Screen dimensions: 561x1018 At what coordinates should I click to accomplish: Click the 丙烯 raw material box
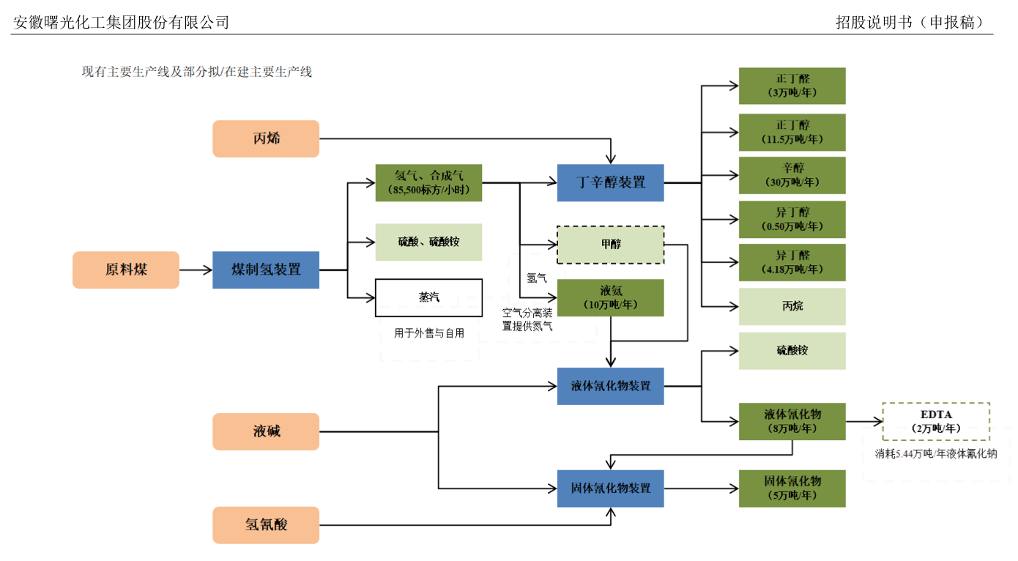click(266, 138)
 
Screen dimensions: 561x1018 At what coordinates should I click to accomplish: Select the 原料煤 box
click(126, 270)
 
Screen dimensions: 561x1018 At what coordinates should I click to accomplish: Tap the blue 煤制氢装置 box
click(266, 270)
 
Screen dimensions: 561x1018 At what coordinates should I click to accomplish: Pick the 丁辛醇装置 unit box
click(610, 182)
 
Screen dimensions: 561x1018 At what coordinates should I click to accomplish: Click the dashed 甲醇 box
click(610, 245)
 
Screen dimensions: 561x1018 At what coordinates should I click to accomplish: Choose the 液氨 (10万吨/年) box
click(610, 297)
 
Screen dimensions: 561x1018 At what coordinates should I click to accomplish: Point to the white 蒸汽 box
click(428, 297)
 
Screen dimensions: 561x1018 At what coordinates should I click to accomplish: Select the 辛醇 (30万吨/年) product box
click(792, 175)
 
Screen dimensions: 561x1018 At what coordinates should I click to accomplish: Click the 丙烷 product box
click(792, 306)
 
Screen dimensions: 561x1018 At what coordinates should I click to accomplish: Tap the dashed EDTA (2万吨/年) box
click(936, 421)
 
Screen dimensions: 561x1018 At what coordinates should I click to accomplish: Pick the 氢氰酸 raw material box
click(266, 525)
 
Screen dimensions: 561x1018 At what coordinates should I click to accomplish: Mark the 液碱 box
click(266, 431)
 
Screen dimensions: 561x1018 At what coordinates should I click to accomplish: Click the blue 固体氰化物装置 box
click(610, 488)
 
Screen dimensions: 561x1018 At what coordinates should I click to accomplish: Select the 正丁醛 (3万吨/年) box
click(792, 86)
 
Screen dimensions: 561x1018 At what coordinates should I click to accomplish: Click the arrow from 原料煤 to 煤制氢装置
click(196, 270)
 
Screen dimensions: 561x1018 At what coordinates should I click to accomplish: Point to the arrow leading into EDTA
click(864, 421)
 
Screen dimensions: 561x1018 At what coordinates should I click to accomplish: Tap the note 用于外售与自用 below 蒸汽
click(429, 333)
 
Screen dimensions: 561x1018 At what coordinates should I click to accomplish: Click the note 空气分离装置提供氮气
click(527, 319)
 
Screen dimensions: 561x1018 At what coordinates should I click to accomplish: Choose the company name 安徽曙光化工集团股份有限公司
click(122, 22)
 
